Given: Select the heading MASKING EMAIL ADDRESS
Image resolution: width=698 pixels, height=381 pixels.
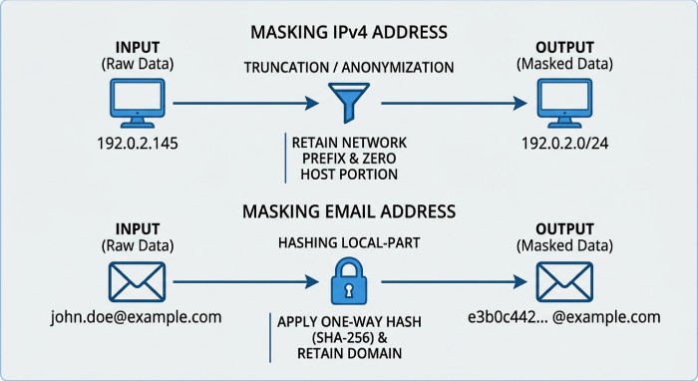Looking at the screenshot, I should (x=349, y=211).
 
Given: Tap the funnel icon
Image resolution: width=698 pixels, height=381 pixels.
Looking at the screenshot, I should (x=342, y=101).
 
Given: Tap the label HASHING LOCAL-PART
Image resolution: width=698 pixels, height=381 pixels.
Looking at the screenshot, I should (x=349, y=244).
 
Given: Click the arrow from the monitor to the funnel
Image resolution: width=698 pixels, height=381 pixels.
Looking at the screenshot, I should (x=244, y=101).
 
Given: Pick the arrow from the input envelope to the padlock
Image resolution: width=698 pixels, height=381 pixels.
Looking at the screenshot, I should (x=244, y=282).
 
